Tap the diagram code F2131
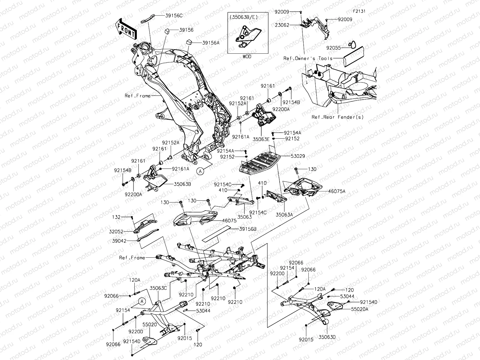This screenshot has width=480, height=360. tap(359, 11)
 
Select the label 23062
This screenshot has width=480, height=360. tap(282, 25)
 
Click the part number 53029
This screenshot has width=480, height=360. tap(298, 156)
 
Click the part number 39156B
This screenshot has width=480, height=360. tap(248, 229)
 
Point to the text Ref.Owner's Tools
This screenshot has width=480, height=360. tap(308, 58)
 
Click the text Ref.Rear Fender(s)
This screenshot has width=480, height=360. tap(337, 117)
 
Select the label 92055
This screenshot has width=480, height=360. tap(334, 47)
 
